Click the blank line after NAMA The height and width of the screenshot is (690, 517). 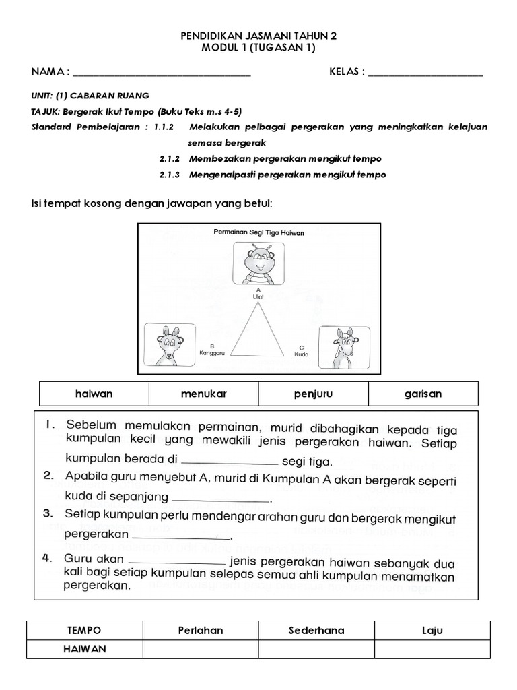(x=162, y=74)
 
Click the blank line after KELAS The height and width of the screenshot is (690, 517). (x=425, y=74)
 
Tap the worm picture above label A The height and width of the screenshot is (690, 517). (x=258, y=264)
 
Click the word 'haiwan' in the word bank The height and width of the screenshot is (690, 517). (x=94, y=394)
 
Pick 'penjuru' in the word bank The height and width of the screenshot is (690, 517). (x=313, y=394)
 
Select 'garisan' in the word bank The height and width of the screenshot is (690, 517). (x=423, y=394)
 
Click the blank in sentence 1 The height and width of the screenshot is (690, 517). (x=230, y=462)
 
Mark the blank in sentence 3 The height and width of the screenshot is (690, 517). (x=181, y=538)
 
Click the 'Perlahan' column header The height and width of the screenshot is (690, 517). (x=200, y=631)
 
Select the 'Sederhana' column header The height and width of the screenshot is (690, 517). (x=316, y=631)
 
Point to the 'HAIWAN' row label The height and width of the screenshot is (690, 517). (x=84, y=649)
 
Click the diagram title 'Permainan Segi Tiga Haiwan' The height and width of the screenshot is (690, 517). (x=259, y=232)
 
